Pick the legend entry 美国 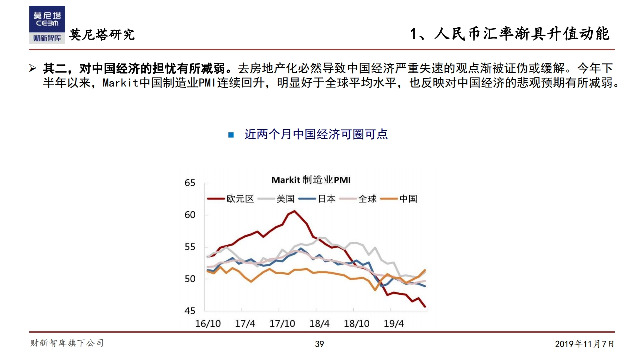286,199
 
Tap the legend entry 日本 327,199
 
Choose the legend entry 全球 367,199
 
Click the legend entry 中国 408,199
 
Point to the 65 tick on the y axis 190,183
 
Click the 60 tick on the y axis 190,215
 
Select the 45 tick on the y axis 190,311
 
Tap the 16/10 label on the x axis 208,324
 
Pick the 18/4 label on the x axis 320,324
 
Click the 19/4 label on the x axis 393,324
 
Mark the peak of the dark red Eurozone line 294,211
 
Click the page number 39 319,344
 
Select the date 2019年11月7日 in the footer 584,344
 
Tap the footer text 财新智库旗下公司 67,343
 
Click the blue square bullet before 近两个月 231,135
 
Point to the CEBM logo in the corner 47,25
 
